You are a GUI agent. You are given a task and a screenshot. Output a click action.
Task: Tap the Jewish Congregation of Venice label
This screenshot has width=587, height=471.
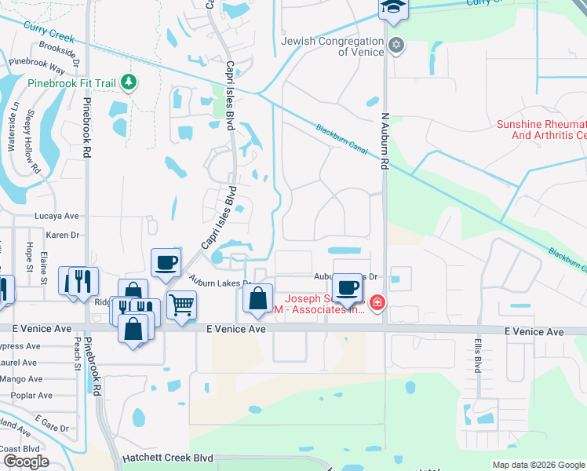(338, 46)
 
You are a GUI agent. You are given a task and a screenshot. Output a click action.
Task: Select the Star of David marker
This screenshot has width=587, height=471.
(396, 46)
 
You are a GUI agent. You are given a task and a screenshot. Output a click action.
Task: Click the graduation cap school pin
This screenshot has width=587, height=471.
(391, 9)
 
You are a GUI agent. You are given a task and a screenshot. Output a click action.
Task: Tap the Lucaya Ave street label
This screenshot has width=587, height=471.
(57, 215)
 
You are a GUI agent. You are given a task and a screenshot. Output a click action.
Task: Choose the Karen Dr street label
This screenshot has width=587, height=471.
(63, 235)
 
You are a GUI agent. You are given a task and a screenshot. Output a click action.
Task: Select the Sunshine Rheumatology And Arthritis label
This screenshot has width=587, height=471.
(541, 130)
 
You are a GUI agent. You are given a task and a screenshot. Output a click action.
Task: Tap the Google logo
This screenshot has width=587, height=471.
(25, 462)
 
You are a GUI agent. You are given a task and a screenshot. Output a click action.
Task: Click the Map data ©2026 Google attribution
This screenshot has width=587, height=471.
(538, 465)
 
